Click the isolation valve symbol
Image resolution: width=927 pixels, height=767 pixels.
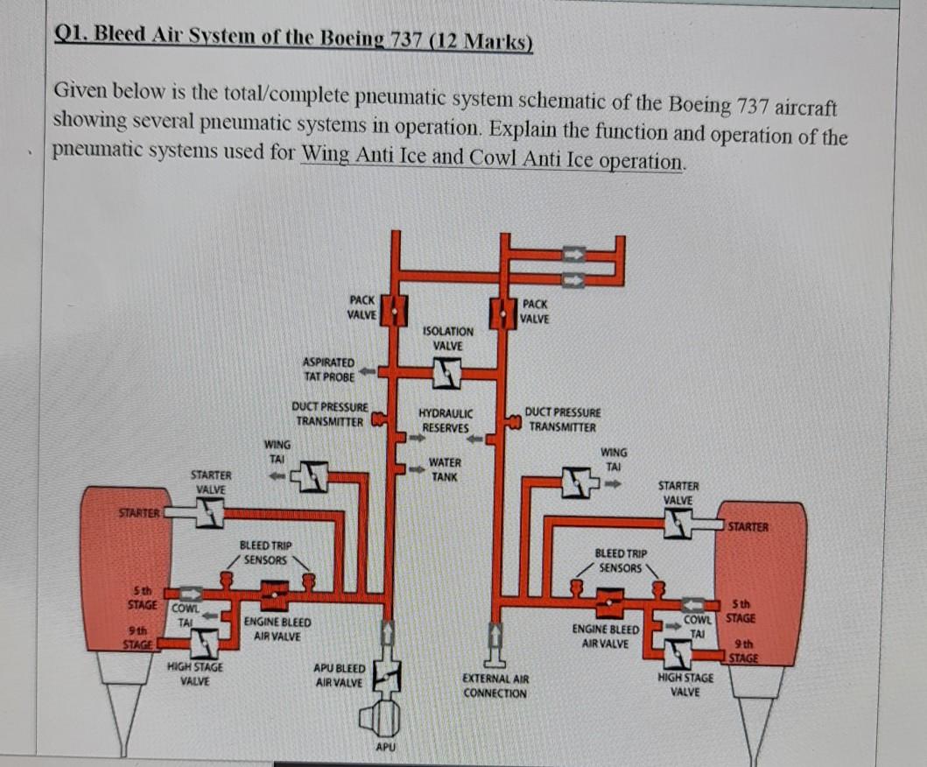click(447, 373)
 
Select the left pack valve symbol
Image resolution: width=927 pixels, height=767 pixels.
click(393, 310)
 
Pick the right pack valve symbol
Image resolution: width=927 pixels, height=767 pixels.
click(503, 313)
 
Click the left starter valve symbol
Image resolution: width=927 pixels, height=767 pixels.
click(210, 512)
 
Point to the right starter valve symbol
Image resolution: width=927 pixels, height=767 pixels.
click(678, 524)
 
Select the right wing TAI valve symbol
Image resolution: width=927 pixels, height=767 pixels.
click(576, 482)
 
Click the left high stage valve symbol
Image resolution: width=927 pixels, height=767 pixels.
click(204, 643)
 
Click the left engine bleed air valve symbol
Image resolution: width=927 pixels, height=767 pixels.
click(275, 595)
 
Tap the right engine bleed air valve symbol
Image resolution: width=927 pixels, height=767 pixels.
click(610, 603)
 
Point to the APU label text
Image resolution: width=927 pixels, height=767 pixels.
click(385, 747)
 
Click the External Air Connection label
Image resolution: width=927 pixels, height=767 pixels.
click(495, 686)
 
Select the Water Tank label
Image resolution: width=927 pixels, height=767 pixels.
click(445, 469)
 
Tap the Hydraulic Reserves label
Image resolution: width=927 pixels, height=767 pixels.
click(446, 420)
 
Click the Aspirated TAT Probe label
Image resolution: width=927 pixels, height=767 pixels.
click(329, 369)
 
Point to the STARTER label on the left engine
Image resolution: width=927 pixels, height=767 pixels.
click(139, 513)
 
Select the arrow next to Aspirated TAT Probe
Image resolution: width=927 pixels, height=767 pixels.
click(368, 371)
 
